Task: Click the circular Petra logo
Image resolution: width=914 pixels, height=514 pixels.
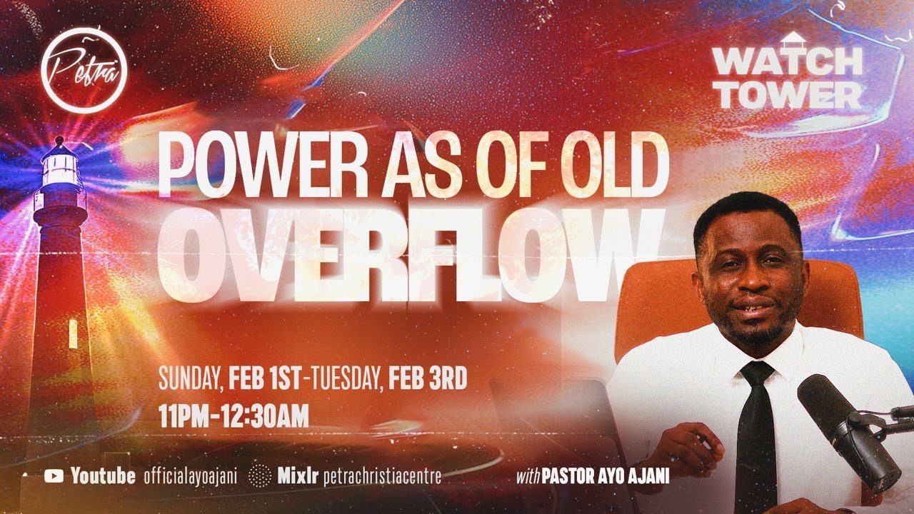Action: [x=84, y=70]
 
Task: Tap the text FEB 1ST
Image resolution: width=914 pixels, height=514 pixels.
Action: [x=264, y=379]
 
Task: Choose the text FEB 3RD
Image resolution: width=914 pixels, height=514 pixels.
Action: [x=427, y=379]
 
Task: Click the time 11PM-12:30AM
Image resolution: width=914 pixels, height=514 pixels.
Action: [x=233, y=416]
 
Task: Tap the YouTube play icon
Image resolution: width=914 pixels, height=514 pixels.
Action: [x=54, y=476]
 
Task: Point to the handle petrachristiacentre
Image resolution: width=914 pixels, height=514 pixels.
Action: [x=382, y=476]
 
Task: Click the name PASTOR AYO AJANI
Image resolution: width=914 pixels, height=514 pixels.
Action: [x=606, y=477]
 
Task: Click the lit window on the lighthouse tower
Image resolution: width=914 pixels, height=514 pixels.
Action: [x=72, y=332]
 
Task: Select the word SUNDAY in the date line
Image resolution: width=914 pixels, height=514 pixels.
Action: [x=189, y=379]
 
